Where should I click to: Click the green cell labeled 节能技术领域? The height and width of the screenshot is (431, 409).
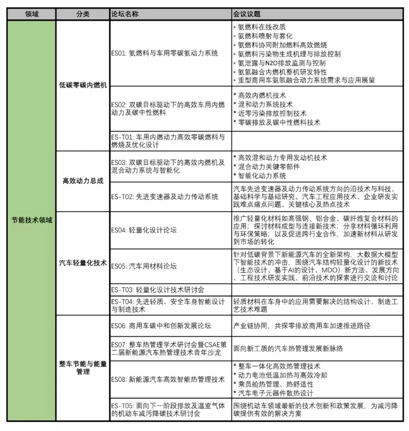point(32,219)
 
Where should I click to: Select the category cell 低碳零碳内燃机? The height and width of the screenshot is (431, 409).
point(83,86)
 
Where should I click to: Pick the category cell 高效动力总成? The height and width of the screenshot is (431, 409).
point(83,181)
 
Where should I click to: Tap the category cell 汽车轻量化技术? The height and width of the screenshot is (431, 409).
point(83,262)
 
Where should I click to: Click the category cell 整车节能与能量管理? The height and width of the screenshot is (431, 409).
point(83,367)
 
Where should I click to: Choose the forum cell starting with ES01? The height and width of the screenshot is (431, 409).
point(164,53)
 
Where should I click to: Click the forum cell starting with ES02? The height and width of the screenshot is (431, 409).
point(167,109)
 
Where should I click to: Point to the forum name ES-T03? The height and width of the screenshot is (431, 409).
point(158,289)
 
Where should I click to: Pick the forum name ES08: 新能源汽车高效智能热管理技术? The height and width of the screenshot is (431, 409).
point(167,379)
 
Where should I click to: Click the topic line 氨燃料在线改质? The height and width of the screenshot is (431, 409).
point(262,27)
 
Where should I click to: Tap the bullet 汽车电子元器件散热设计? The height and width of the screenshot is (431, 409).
point(275,393)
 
